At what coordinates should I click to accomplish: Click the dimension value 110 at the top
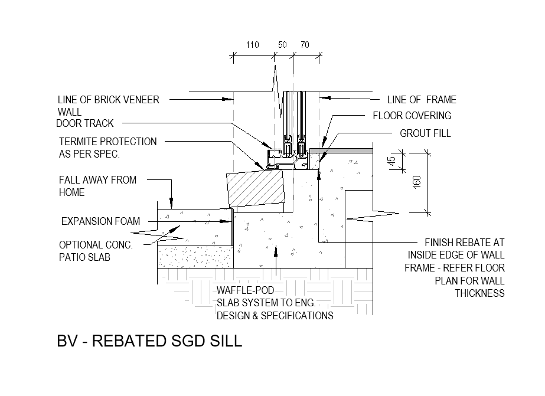point(253,45)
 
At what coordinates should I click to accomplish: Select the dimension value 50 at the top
point(283,45)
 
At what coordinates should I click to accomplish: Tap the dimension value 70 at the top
point(305,45)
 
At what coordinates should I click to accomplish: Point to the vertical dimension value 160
point(417,182)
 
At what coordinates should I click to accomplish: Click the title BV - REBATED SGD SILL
point(149,341)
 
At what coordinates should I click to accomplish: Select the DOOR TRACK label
point(84,123)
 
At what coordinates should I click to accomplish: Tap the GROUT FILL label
point(425,133)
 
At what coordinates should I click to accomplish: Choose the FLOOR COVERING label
point(412,116)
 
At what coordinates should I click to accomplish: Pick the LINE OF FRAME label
point(422,100)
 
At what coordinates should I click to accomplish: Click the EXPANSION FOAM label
point(100,221)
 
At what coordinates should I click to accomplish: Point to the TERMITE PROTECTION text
point(107,142)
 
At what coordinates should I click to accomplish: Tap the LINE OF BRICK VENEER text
point(109,100)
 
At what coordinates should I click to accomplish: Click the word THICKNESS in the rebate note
point(479,293)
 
